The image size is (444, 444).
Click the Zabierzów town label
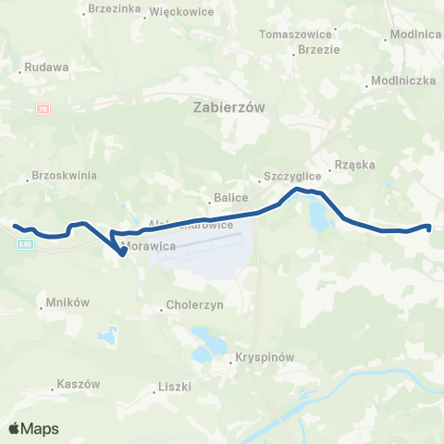[229, 107]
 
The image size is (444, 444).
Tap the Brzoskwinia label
[65, 174]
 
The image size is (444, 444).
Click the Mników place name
[67, 302]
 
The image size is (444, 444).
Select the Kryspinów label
[264, 356]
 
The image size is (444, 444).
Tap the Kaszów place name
[78, 384]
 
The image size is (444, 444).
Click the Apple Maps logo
[33, 428]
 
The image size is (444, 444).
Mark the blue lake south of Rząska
[319, 217]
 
